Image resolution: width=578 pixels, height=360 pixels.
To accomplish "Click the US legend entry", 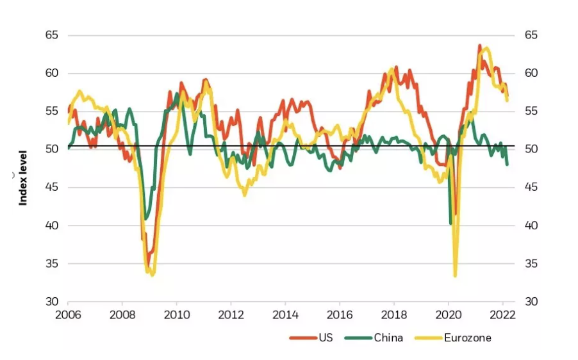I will pyautogui.click(x=317, y=338).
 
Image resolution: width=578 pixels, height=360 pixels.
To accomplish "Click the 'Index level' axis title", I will pyautogui.click(x=23, y=177).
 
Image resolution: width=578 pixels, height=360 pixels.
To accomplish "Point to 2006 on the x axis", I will pyautogui.click(x=68, y=315).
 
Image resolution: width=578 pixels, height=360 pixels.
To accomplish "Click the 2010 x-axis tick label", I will pyautogui.click(x=177, y=315).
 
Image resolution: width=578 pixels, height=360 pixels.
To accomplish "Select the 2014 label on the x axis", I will pyautogui.click(x=285, y=315).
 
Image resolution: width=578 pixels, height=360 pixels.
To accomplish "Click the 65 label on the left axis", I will pyautogui.click(x=51, y=35).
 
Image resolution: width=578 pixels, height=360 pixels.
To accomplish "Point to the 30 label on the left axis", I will pyautogui.click(x=51, y=302).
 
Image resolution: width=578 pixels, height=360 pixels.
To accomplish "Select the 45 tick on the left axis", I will pyautogui.click(x=51, y=188).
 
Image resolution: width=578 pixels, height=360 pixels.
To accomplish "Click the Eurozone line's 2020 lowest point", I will pyautogui.click(x=455, y=275).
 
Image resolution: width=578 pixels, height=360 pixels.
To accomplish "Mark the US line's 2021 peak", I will pyautogui.click(x=479, y=45).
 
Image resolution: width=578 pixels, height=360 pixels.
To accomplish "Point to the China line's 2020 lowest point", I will pyautogui.click(x=450, y=224).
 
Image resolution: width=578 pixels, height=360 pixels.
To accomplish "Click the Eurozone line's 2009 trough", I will pyautogui.click(x=152, y=275).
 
